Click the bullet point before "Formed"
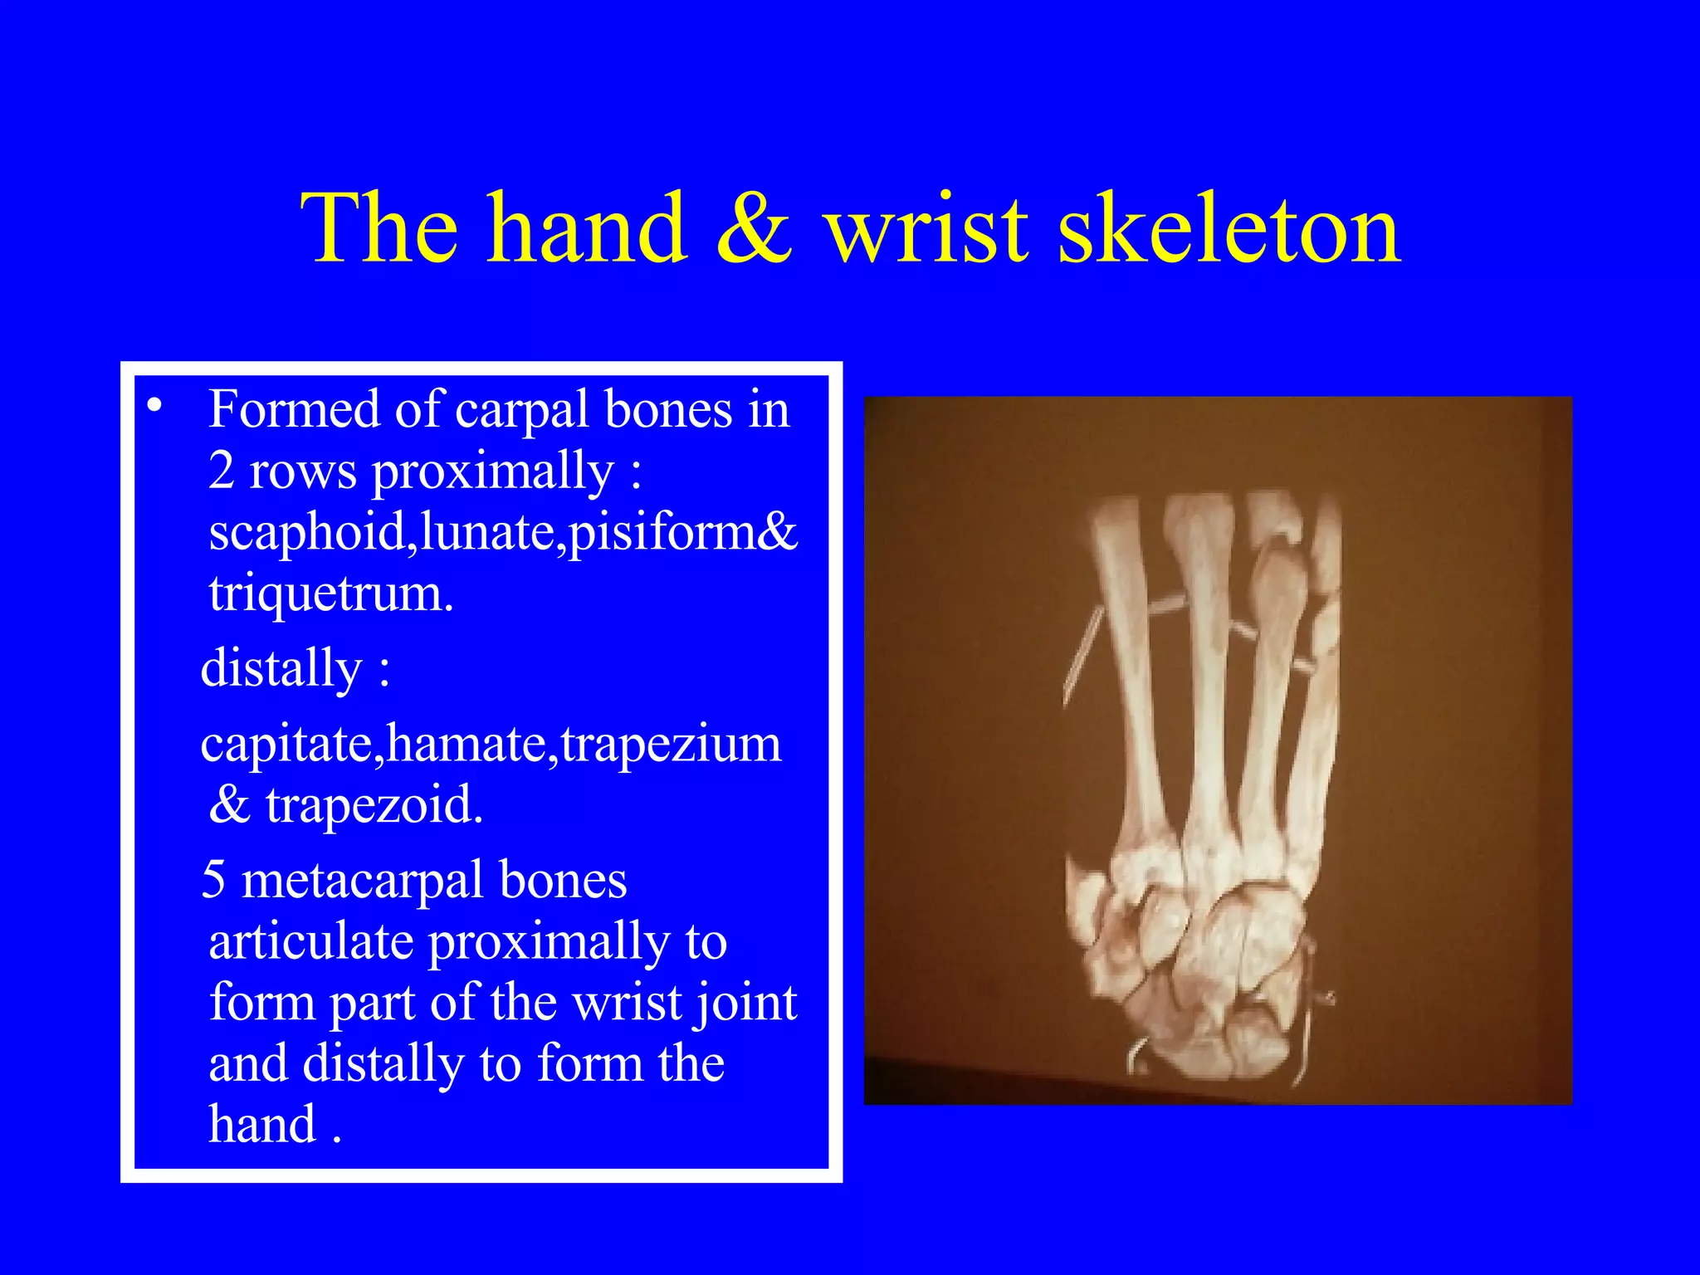pos(154,406)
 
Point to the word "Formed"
pos(294,409)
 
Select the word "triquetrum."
pos(331,594)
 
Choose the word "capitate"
pos(291,745)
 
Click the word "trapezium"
pos(671,745)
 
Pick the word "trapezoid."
pos(374,804)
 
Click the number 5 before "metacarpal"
pos(214,880)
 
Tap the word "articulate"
pos(311,942)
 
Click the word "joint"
pos(747,1004)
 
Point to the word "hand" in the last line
pos(262,1125)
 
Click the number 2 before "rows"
pos(222,471)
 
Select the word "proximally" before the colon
pos(491,472)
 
